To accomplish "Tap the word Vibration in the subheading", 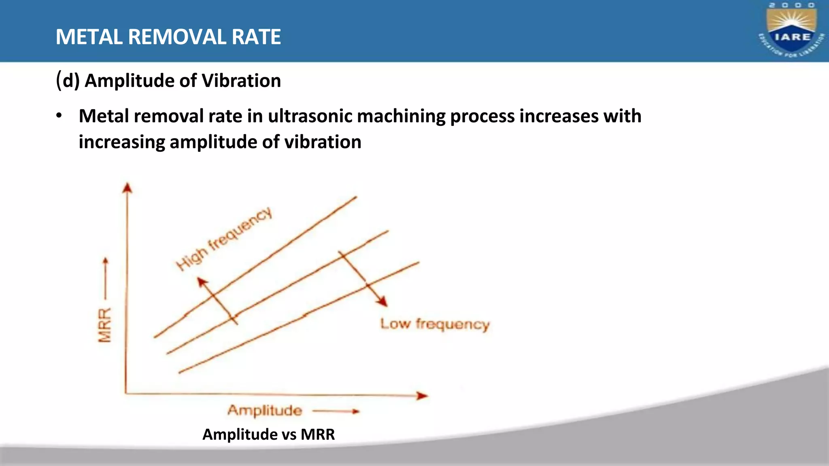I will [x=241, y=80].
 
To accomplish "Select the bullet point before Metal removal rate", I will [x=59, y=116].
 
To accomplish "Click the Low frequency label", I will [x=435, y=324].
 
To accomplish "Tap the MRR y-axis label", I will [x=105, y=325].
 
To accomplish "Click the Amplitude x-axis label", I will [x=265, y=411].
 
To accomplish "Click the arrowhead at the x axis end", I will [x=423, y=396].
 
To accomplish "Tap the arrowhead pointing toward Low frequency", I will [x=382, y=301].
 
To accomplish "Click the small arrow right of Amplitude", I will [x=336, y=411].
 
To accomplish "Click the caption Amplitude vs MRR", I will [x=268, y=434].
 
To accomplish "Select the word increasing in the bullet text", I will [x=122, y=142].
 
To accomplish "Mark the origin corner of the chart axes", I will [x=126, y=393].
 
